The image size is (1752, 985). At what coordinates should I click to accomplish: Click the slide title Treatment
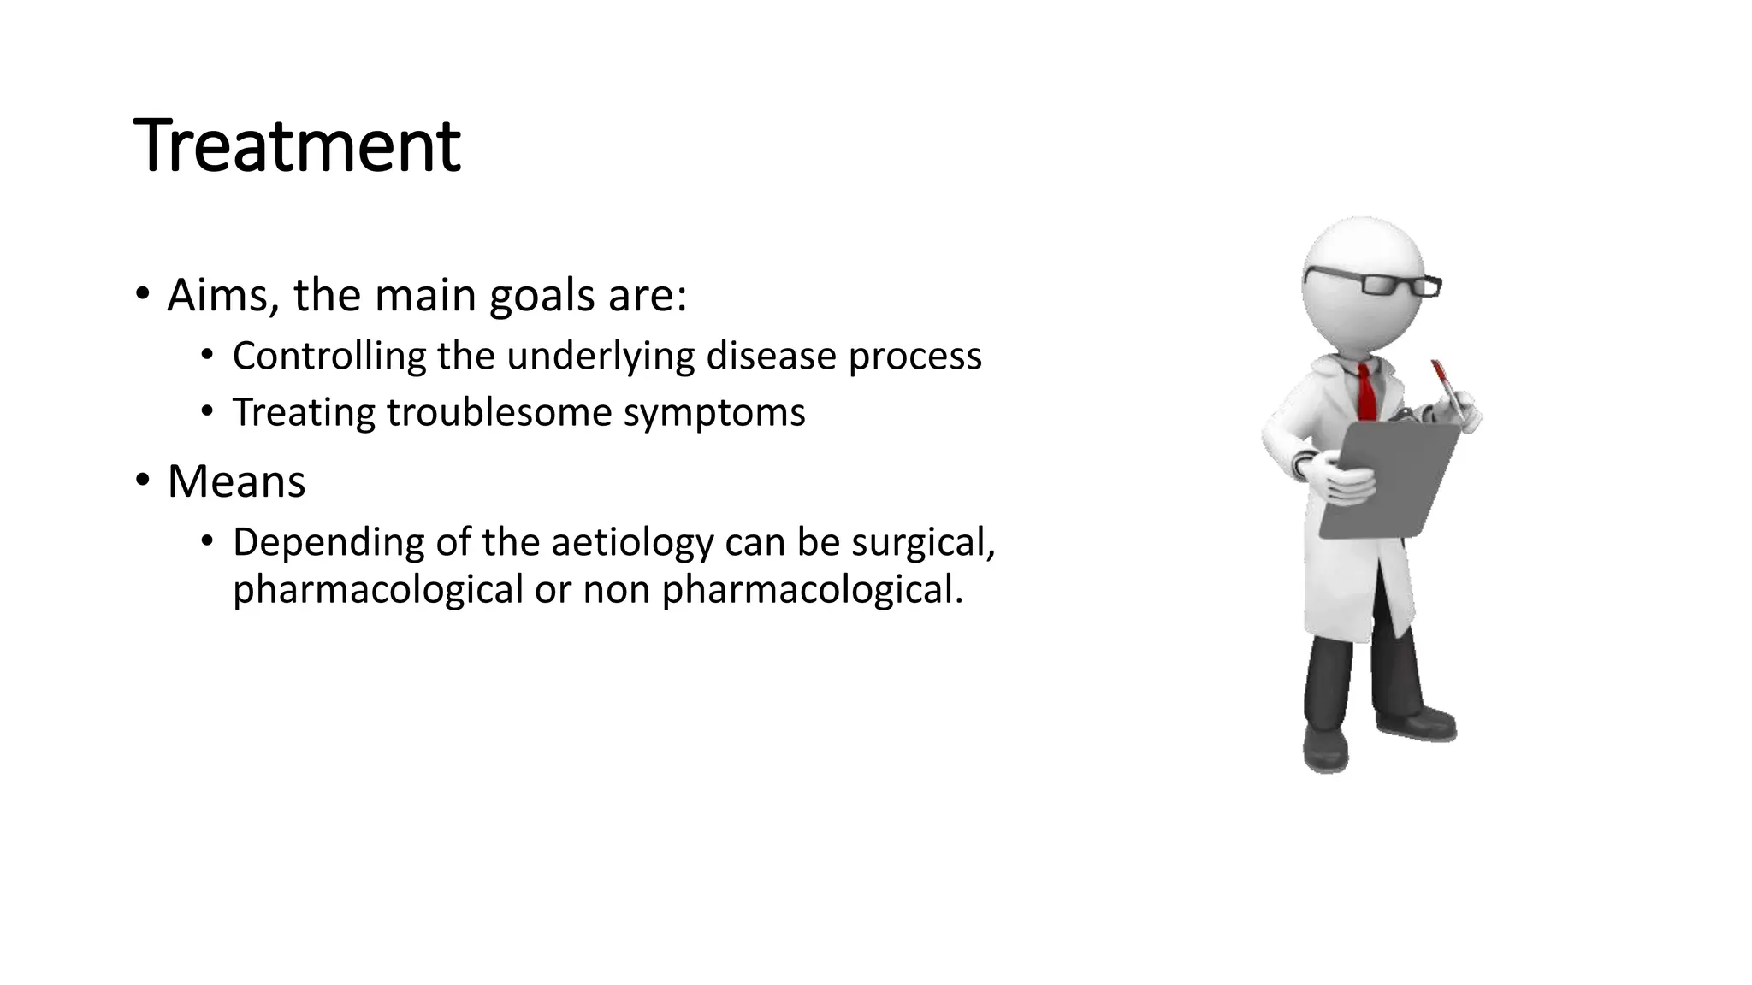point(297,145)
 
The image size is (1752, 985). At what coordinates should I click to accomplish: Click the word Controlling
point(328,356)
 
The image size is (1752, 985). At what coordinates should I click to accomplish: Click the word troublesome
point(499,412)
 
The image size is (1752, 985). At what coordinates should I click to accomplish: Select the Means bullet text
point(236,481)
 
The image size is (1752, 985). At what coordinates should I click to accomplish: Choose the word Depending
point(328,544)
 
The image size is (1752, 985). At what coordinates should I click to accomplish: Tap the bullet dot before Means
point(142,480)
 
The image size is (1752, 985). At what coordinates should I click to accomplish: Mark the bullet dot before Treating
point(206,411)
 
